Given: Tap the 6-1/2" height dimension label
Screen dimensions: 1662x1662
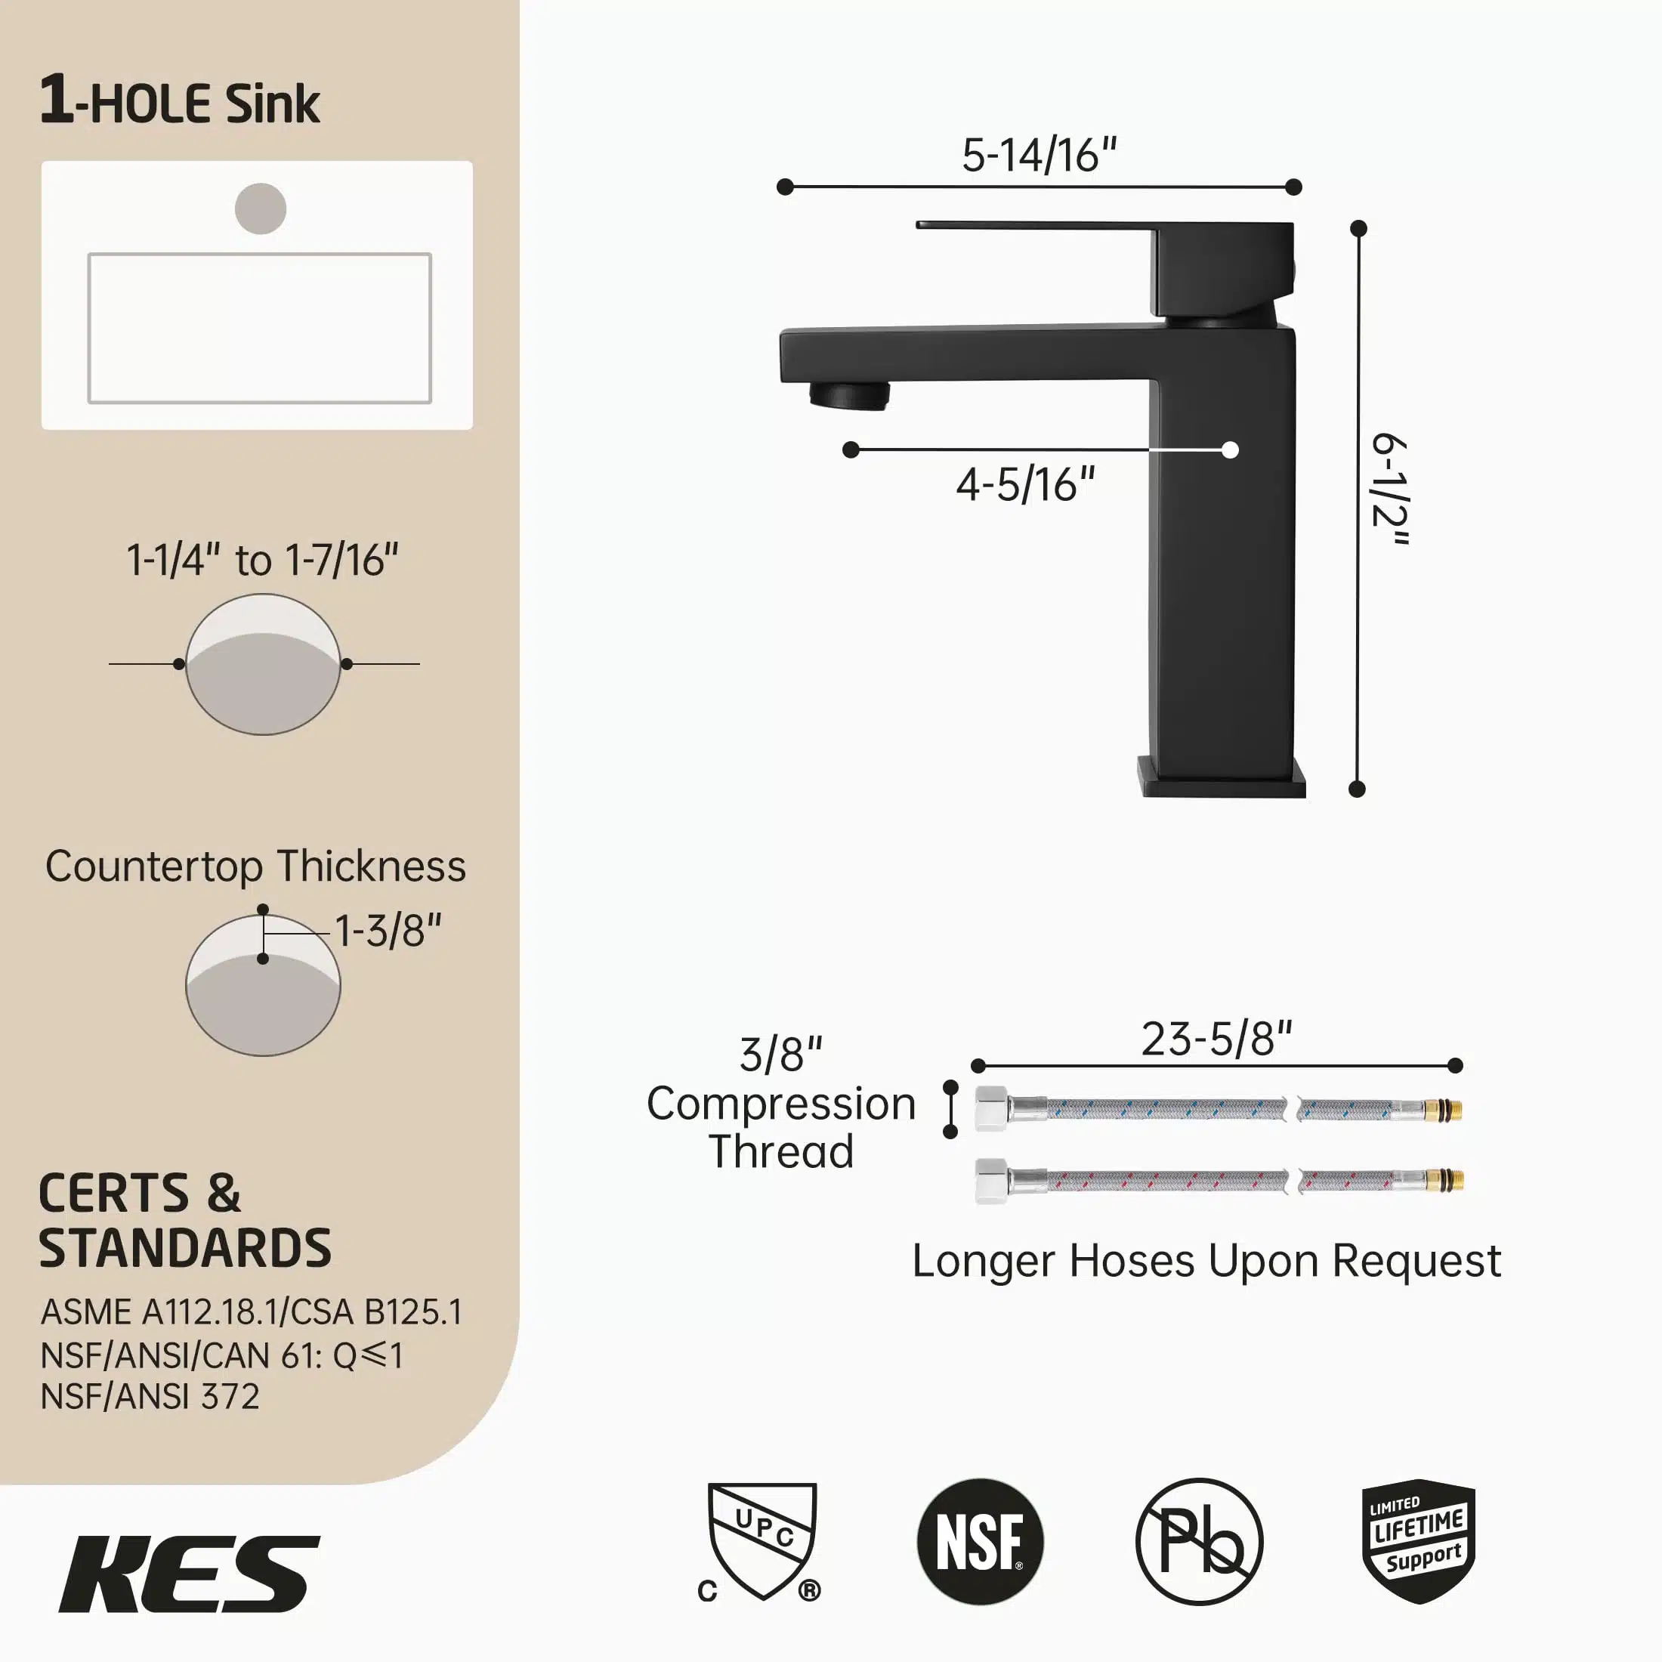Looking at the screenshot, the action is [x=1389, y=490].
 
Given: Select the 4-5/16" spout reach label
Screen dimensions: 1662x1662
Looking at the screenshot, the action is [x=1025, y=484].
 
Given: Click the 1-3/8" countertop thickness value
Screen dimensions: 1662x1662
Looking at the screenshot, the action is [x=388, y=931].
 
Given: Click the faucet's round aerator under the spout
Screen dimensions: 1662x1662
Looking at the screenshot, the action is [x=849, y=396].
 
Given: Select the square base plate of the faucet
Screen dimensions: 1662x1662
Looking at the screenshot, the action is [x=1222, y=777].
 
